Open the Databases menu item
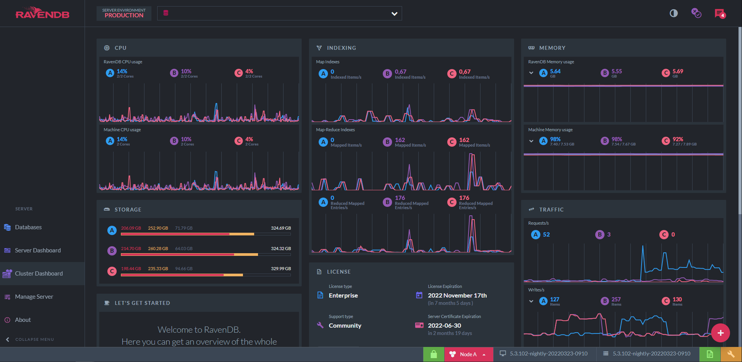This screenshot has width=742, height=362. pos(28,227)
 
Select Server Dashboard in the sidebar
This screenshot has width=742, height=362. pos(38,250)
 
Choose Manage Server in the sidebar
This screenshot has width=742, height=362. pos(34,297)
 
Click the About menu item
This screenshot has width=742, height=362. pos(23,320)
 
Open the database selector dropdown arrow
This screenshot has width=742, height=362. pos(394,14)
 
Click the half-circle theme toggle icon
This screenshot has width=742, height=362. pos(674,14)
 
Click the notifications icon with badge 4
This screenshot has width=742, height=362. pos(720,14)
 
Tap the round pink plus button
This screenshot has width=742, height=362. pos(720,333)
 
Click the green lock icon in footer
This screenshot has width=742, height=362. pos(434,354)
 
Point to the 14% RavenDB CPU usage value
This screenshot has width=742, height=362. pos(122,71)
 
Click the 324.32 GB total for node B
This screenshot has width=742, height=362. pos(281,249)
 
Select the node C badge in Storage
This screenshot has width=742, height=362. pos(112,271)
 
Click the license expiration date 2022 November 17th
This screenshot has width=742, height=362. pos(457,296)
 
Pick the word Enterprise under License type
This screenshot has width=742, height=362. pos(343,296)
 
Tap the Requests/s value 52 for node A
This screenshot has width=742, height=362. pos(546,235)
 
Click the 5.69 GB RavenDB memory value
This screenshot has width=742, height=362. pos(678,71)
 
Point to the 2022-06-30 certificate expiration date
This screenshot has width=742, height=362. pos(445,326)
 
